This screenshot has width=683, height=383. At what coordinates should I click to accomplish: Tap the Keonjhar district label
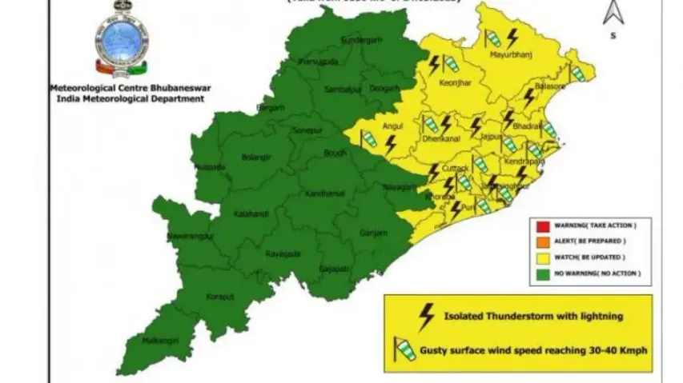[453, 82]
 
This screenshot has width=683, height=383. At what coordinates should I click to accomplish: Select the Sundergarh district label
[358, 39]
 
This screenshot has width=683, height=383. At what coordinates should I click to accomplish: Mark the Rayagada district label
[283, 253]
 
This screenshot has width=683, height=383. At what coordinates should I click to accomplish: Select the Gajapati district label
[334, 269]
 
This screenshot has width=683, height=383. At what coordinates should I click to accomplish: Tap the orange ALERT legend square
[543, 241]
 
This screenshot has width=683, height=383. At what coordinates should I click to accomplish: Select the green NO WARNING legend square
[543, 273]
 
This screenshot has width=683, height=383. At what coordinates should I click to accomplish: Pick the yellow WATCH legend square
[543, 257]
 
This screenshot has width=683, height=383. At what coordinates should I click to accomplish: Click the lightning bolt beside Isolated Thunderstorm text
[427, 315]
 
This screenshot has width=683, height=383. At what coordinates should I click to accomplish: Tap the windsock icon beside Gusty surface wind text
[400, 349]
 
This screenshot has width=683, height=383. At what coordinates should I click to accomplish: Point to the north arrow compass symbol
[613, 14]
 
